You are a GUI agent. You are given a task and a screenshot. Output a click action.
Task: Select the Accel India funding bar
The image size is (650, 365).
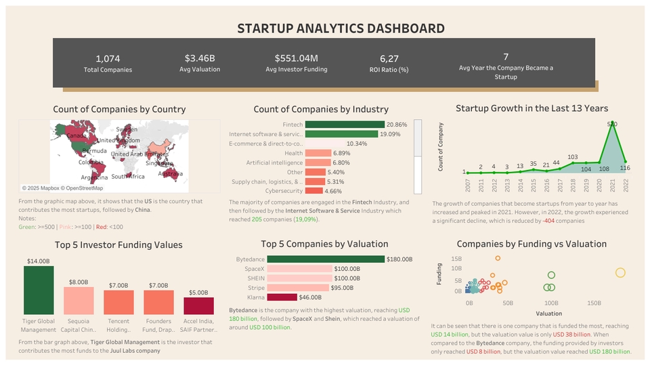[198, 305]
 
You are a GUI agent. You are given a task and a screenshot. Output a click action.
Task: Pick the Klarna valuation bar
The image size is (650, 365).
[282, 297]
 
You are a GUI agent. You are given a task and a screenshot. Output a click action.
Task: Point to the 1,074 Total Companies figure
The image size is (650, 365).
[108, 58]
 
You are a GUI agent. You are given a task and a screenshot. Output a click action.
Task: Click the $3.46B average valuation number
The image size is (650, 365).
[200, 58]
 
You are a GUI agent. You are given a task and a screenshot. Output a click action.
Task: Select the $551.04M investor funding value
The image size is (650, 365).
[296, 58]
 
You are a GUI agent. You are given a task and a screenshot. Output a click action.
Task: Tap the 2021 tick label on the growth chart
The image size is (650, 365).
[612, 184]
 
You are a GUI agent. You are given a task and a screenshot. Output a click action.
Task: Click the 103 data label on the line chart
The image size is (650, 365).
[572, 157]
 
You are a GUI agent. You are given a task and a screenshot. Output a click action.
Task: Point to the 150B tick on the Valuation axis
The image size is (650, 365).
[594, 303]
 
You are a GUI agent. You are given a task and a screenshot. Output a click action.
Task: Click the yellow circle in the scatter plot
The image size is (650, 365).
[620, 273]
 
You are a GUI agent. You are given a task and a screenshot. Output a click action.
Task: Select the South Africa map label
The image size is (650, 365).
[128, 176]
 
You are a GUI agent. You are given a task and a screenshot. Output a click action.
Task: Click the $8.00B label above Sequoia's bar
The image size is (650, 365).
[79, 282]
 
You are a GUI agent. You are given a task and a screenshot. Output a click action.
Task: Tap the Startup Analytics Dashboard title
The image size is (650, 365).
[341, 28]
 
